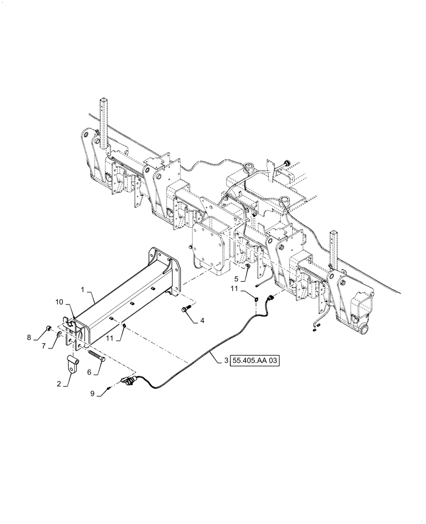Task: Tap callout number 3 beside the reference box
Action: tap(226, 361)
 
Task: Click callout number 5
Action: tap(237, 278)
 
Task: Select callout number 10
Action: tap(59, 302)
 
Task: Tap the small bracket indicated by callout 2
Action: tap(73, 362)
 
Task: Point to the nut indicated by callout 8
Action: tap(48, 329)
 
